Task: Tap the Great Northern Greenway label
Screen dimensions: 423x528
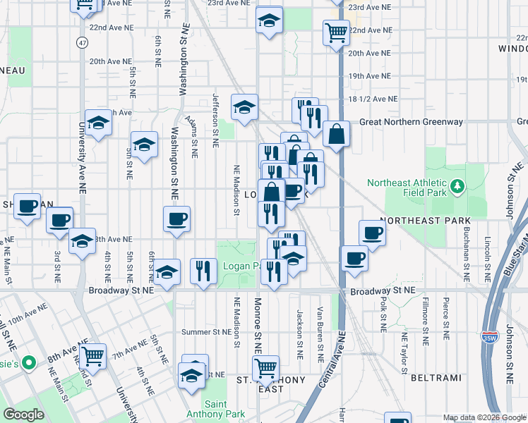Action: point(411,122)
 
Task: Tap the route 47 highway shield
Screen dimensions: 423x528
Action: point(83,43)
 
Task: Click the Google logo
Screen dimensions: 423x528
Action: point(24,415)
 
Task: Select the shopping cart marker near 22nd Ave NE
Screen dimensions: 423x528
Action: point(336,32)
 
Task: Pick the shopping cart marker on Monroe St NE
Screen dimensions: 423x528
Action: point(265,367)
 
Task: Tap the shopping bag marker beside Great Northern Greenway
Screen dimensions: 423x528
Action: point(337,134)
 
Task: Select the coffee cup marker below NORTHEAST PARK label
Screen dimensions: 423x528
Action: point(372,233)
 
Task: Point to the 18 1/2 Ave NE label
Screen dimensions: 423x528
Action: point(373,99)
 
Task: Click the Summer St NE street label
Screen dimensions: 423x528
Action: point(206,332)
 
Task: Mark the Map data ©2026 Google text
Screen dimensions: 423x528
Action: point(484,417)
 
